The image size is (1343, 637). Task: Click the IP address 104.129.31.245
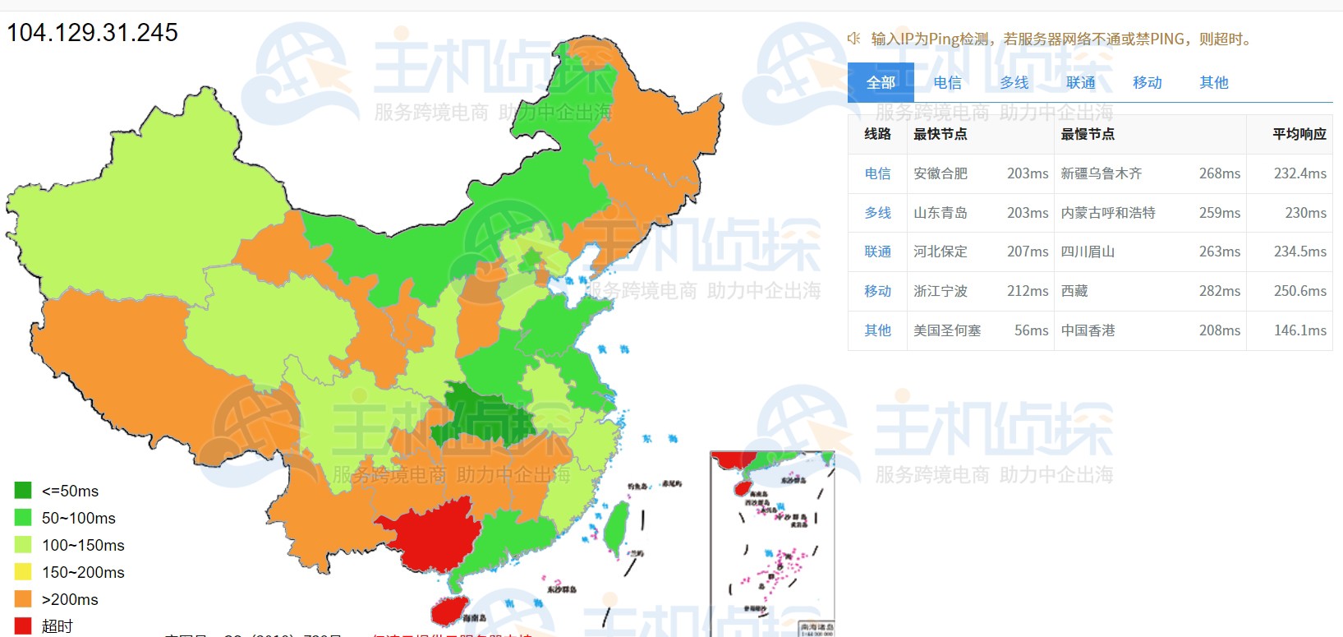pyautogui.click(x=92, y=33)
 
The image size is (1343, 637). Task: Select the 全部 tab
pyautogui.click(x=881, y=82)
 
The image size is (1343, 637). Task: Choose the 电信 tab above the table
pyautogui.click(x=947, y=82)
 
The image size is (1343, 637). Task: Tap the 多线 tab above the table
pyautogui.click(x=1014, y=82)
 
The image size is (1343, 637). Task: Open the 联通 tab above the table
pyautogui.click(x=1080, y=82)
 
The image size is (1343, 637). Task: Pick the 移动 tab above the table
pyautogui.click(x=1147, y=82)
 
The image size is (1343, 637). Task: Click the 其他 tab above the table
pyautogui.click(x=1213, y=82)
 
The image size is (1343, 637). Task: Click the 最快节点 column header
pyautogui.click(x=940, y=134)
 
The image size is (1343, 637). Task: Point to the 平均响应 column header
pyautogui.click(x=1299, y=134)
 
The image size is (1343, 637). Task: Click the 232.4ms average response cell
pyautogui.click(x=1299, y=173)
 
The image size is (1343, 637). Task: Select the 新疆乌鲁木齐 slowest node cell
pyautogui.click(x=1101, y=173)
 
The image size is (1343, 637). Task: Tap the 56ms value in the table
pyautogui.click(x=1031, y=330)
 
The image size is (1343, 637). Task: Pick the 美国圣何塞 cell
pyautogui.click(x=947, y=330)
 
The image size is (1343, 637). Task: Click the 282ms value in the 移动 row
pyautogui.click(x=1219, y=291)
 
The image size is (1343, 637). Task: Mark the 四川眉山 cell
pyautogui.click(x=1088, y=252)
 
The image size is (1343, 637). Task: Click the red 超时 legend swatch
pyautogui.click(x=23, y=625)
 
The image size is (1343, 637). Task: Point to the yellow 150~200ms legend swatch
pyautogui.click(x=23, y=572)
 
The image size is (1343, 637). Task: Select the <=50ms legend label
pyautogui.click(x=70, y=491)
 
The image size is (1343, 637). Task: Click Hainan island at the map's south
pyautogui.click(x=448, y=610)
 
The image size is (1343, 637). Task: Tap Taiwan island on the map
pyautogui.click(x=617, y=526)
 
